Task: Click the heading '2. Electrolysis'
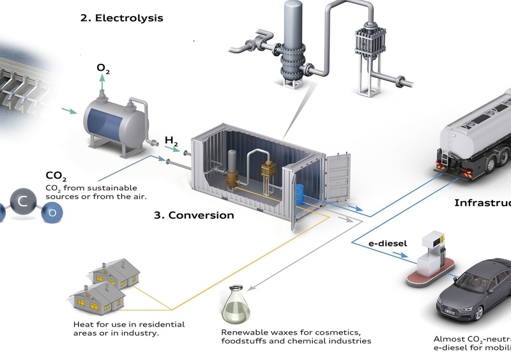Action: [121, 18]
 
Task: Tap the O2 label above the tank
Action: [103, 68]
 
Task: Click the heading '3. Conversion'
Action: [194, 215]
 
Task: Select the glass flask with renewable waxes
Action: [235, 307]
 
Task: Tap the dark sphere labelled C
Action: [23, 202]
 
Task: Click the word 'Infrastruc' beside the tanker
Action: [482, 203]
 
